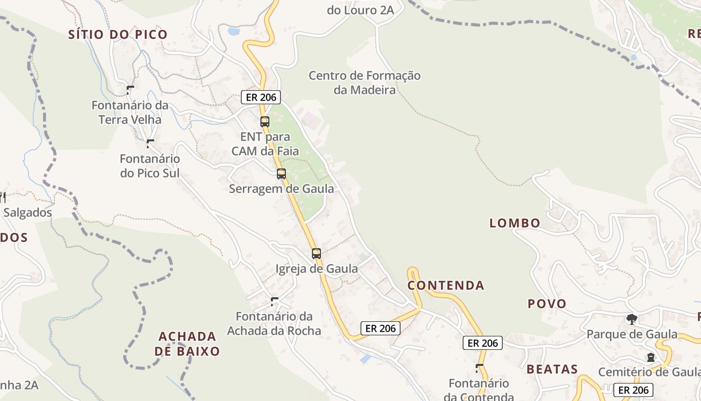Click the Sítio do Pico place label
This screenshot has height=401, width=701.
point(118,35)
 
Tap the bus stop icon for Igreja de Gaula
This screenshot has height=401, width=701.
point(316,254)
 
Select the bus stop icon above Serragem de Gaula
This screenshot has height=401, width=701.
point(281,174)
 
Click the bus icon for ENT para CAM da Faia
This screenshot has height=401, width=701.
point(265,121)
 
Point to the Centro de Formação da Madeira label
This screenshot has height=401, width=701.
point(365,83)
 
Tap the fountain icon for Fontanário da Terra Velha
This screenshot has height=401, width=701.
point(130,90)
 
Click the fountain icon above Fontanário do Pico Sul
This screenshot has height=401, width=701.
point(149,144)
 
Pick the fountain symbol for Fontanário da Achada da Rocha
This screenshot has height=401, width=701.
point(274,301)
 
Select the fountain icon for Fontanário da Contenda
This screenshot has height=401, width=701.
point(479,368)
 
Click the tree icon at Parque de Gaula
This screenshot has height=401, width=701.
point(632,319)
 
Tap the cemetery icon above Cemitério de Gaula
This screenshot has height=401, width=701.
point(650,357)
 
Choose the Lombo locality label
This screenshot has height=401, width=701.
point(515,223)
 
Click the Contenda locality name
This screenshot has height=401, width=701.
point(446,286)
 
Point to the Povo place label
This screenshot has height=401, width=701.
point(547,304)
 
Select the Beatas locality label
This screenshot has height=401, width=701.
point(552,369)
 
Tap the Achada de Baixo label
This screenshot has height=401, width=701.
point(187,343)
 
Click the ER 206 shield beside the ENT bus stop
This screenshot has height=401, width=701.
point(260,97)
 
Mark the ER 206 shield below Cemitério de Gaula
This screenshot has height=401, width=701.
point(633,390)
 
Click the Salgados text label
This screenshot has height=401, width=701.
point(28,213)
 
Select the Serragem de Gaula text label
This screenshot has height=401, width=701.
point(281,189)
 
